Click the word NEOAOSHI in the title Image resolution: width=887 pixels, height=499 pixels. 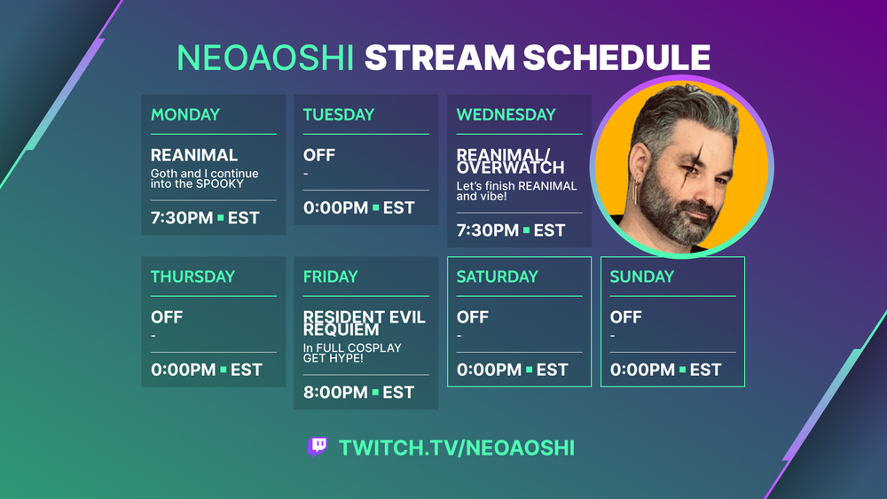coord(265,58)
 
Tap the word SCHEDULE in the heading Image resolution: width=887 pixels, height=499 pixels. coord(616,58)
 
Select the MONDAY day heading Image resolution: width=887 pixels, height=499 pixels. coord(185,114)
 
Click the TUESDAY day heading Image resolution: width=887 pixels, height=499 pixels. coord(338,114)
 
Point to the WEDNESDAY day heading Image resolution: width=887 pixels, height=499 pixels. coord(506,114)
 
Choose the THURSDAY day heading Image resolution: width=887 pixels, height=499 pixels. coord(192,277)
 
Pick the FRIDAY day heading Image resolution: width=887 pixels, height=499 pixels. coord(330,277)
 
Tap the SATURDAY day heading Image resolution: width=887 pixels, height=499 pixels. coord(498,277)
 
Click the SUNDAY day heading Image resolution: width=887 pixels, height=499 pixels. coord(641,277)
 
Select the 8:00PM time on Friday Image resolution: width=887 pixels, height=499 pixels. coord(335,392)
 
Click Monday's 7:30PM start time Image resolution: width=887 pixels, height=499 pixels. coord(182,217)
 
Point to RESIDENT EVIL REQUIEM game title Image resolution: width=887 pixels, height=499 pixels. coord(365,324)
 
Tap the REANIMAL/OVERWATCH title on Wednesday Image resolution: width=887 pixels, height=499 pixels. coord(510,161)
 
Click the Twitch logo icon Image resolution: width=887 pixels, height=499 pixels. coord(318,447)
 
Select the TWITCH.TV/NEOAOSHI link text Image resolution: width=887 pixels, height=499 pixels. coord(457,448)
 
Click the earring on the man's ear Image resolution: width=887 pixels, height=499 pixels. coord(637,191)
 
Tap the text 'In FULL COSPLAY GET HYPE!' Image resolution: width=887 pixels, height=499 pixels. coord(352,353)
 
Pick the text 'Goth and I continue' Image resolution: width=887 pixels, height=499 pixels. coord(204,174)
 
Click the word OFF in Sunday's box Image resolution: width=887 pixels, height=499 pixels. coord(625,317)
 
